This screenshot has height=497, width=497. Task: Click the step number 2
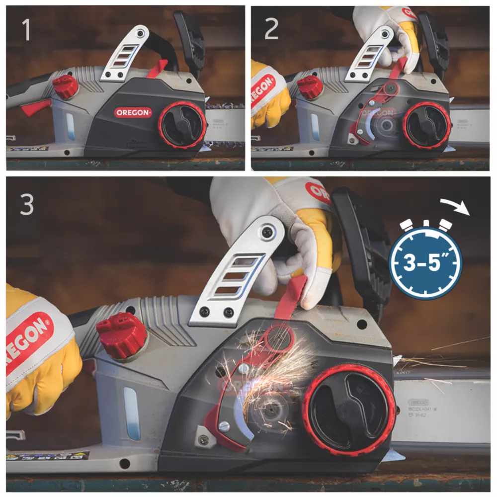click(x=271, y=30)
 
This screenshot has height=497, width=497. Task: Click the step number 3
click(x=27, y=204)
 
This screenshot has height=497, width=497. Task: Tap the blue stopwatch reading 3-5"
click(x=425, y=262)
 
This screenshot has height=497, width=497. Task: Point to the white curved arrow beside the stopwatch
click(x=460, y=209)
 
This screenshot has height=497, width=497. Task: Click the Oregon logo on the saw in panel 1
click(x=133, y=113)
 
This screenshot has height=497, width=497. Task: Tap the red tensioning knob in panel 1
click(x=182, y=125)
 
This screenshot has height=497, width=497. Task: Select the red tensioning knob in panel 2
click(x=426, y=125)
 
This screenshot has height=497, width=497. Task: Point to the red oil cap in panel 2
click(x=310, y=86)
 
